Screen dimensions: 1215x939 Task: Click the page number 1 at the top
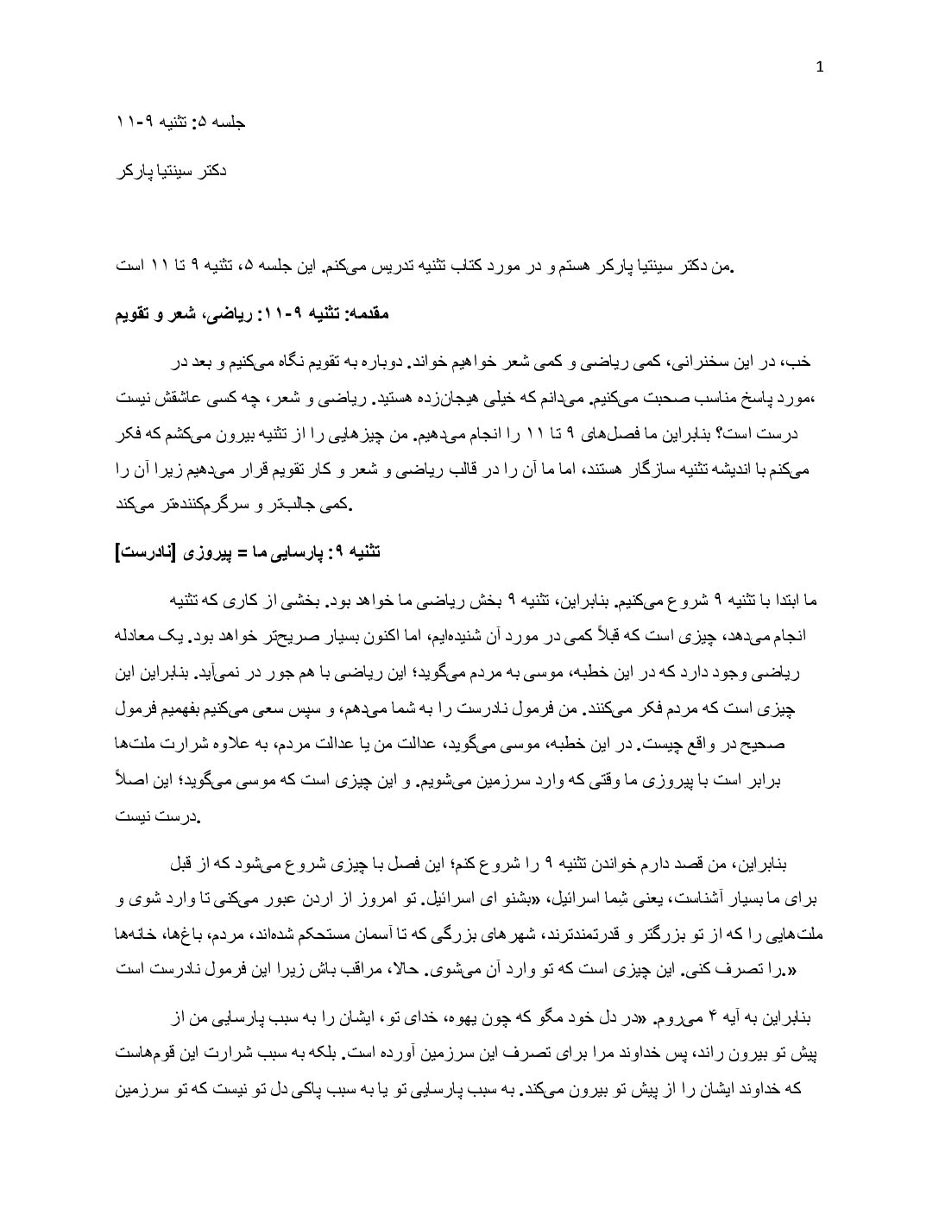(819, 67)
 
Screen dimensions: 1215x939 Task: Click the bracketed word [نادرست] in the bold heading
(145, 551)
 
